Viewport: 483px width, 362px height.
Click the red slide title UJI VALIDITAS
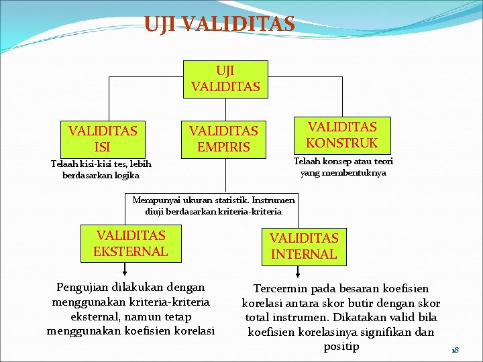[219, 24]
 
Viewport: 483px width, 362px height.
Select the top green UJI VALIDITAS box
[225, 79]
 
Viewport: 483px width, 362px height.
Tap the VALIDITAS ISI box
[103, 138]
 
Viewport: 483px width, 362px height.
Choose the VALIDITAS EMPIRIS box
[223, 138]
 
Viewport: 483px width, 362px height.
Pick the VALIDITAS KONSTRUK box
[342, 135]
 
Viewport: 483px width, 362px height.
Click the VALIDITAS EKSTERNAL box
[130, 243]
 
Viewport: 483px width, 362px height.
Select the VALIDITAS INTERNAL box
[304, 245]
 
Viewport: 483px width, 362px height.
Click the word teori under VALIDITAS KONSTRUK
[380, 162]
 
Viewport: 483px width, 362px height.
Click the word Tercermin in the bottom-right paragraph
[281, 289]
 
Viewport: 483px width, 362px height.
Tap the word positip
[341, 347]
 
